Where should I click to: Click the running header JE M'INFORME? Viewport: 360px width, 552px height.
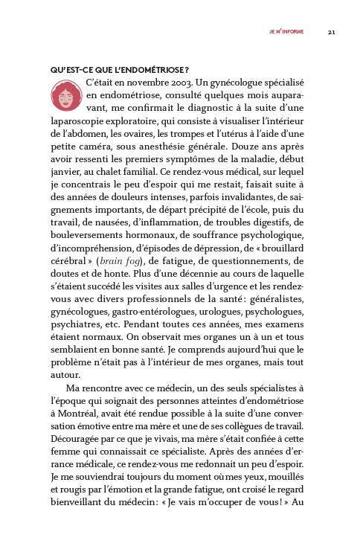(x=286, y=32)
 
